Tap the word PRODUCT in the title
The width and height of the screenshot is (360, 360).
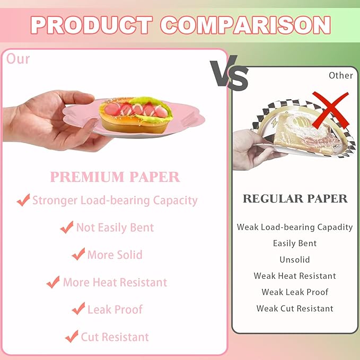[x=91, y=25]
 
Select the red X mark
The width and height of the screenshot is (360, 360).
[x=329, y=110]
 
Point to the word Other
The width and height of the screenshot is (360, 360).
[x=340, y=75]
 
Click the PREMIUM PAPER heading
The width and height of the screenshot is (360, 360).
[x=115, y=177]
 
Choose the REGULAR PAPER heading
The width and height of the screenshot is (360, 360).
[x=295, y=199]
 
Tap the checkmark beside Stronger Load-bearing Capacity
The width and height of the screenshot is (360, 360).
[x=23, y=200]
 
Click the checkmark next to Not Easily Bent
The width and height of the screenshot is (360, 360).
[x=67, y=227]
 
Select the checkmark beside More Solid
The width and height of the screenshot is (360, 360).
[x=78, y=254]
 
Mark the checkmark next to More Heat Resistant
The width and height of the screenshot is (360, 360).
[x=53, y=282]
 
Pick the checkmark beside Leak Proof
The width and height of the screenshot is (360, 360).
[x=78, y=309]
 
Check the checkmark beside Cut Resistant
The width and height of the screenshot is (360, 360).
[x=72, y=336]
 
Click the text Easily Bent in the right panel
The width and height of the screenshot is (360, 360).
[x=295, y=243]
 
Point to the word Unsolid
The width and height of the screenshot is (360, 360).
[x=295, y=260]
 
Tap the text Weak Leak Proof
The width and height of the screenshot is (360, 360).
[x=295, y=292]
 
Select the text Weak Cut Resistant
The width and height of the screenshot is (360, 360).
[x=295, y=309]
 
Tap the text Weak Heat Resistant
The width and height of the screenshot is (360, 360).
[x=295, y=276]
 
